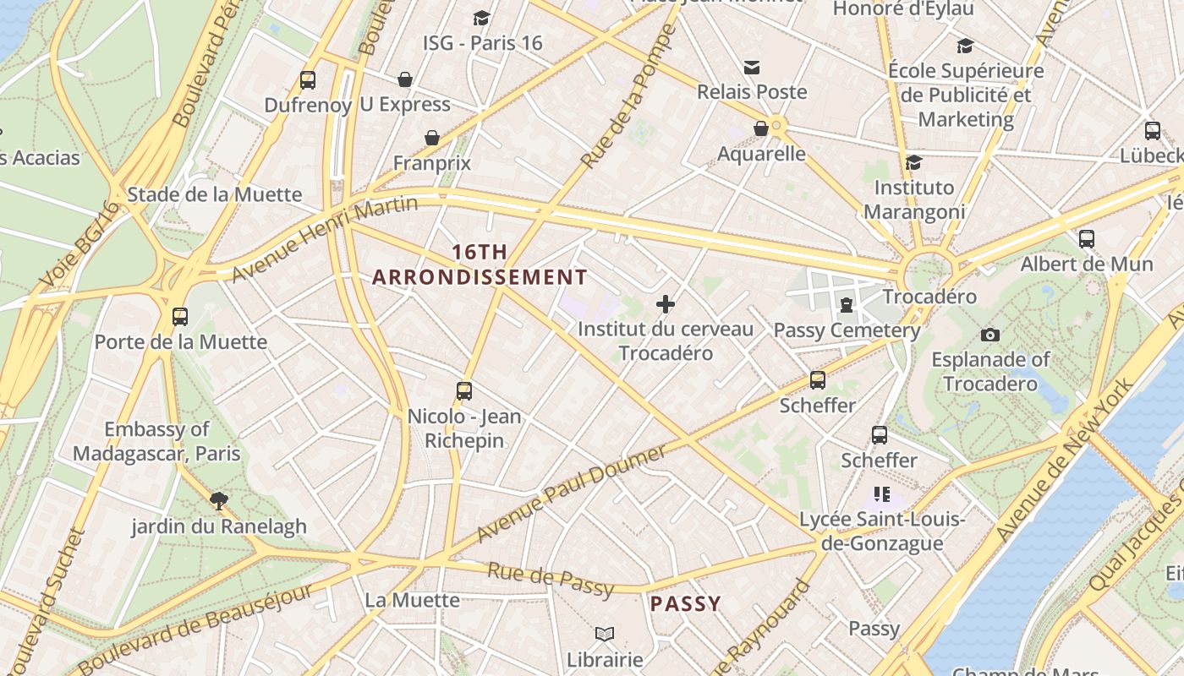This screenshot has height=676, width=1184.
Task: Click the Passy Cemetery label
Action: pyautogui.click(x=847, y=330)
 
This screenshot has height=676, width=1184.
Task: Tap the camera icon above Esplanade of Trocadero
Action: pyautogui.click(x=990, y=335)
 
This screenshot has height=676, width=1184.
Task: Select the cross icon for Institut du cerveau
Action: pyautogui.click(x=666, y=304)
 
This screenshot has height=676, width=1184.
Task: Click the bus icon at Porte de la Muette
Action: pyautogui.click(x=180, y=317)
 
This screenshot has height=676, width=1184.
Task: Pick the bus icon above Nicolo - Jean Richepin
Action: pyautogui.click(x=464, y=390)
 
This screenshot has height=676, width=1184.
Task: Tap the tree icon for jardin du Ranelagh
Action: pyautogui.click(x=219, y=500)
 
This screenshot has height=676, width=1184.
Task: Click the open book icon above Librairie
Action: pyautogui.click(x=605, y=634)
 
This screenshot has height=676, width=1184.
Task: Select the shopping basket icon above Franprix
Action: pyautogui.click(x=432, y=138)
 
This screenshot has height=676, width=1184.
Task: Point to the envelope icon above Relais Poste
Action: pyautogui.click(x=752, y=67)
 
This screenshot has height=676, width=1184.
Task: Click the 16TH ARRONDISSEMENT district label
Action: pyautogui.click(x=480, y=264)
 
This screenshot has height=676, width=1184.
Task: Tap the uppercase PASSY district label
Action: pyautogui.click(x=685, y=604)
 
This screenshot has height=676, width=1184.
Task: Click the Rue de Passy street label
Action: pyautogui.click(x=551, y=579)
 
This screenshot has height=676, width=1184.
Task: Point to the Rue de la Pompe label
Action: pyautogui.click(x=629, y=95)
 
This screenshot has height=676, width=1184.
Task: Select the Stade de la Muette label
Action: pyautogui.click(x=214, y=194)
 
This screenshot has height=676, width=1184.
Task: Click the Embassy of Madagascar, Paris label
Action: pyautogui.click(x=156, y=441)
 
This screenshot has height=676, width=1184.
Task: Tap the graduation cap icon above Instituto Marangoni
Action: pyautogui.click(x=913, y=162)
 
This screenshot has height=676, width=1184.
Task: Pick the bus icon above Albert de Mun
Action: pyautogui.click(x=1087, y=239)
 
